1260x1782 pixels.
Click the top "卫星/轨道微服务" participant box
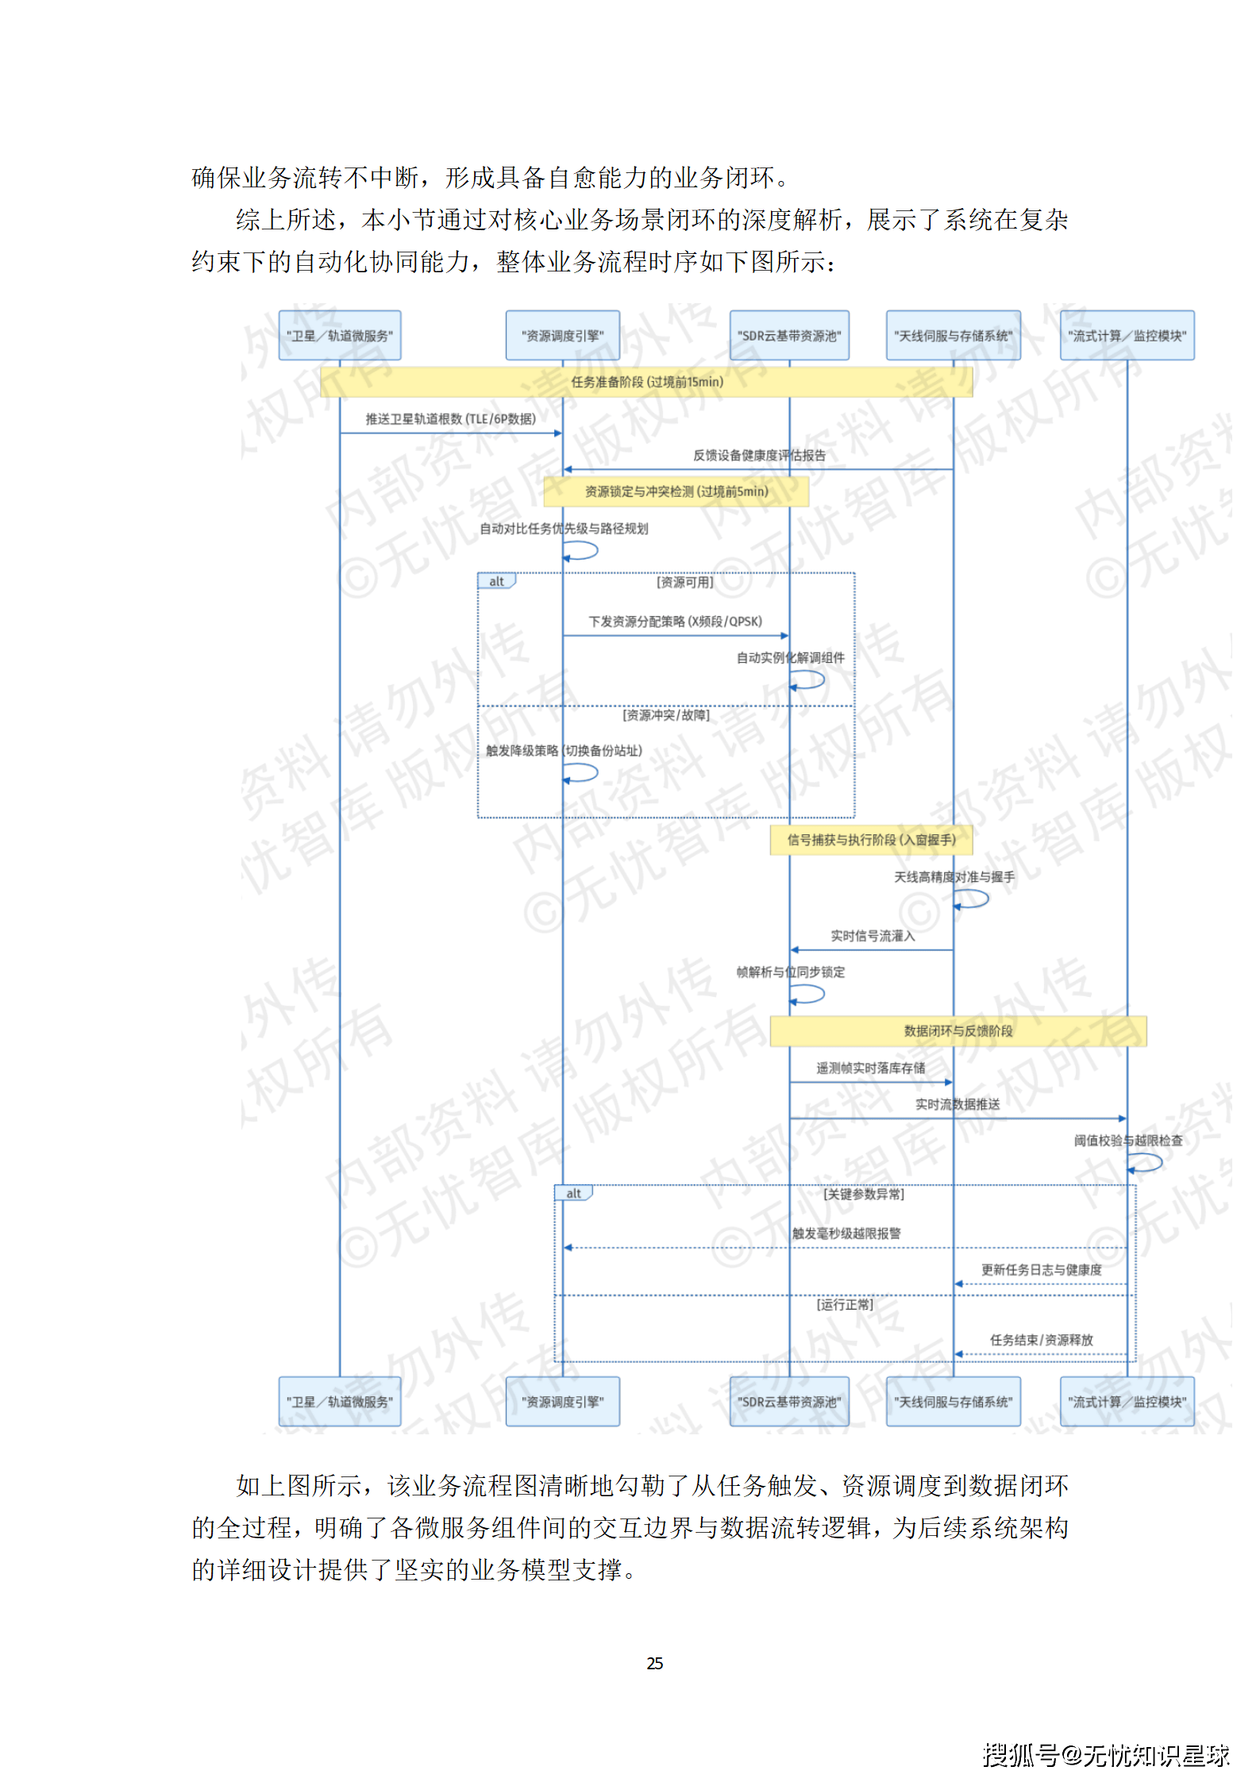coord(339,336)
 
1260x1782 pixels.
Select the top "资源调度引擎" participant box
coord(562,336)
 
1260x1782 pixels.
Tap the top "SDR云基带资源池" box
coord(788,336)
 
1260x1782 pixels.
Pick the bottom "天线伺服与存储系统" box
coord(953,1402)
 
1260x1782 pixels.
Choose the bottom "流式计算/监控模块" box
coord(1127,1402)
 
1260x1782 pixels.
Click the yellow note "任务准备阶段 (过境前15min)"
coord(646,382)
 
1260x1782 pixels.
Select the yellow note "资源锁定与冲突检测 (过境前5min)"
coord(676,491)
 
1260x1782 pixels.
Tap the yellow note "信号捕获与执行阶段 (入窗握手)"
coord(871,840)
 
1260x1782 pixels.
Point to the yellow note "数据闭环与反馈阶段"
coord(958,1031)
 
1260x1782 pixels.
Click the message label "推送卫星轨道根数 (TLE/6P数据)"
coord(450,419)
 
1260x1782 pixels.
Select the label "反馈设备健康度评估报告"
coord(759,456)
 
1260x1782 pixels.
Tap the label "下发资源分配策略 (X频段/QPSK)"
coord(675,622)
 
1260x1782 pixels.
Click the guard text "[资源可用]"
coord(684,583)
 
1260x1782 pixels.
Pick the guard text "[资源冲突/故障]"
coord(665,715)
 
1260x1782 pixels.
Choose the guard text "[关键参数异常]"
coord(863,1194)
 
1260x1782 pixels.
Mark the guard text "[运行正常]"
coord(844,1304)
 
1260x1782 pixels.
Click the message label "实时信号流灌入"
coord(873,936)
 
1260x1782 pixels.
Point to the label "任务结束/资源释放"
coord(1041,1340)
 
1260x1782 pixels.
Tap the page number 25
coord(654,1663)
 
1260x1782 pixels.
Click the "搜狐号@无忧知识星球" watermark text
coord(1106,1754)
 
